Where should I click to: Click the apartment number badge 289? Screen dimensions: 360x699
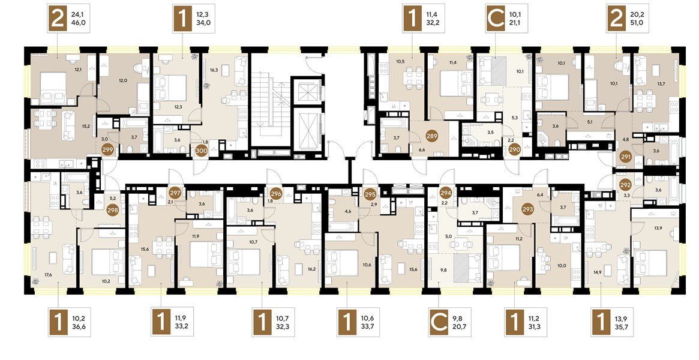point(431,136)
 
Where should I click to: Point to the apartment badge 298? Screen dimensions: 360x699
point(112,209)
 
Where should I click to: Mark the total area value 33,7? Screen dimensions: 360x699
point(373,327)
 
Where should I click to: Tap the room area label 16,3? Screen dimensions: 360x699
point(214,70)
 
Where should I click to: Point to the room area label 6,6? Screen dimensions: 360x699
point(421,149)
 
